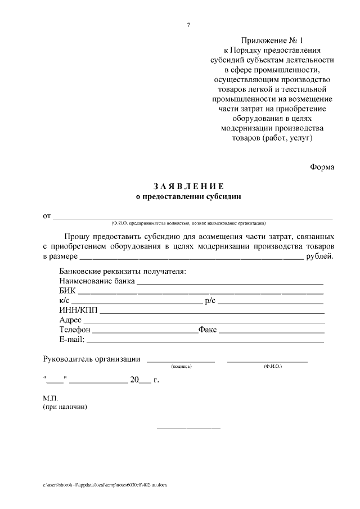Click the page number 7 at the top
pos(188,24)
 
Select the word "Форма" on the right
pos(322,166)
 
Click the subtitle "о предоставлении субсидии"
pos(188,197)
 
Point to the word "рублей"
pos(319,257)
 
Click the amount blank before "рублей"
pos(191,258)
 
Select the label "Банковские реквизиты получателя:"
pos(122,272)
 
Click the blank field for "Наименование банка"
pos(230,282)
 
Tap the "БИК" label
pos(66,291)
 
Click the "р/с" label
pos(210,301)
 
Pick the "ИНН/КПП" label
pos(78,310)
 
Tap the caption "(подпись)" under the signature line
pos(181,367)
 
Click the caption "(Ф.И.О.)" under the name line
pos(273,367)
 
